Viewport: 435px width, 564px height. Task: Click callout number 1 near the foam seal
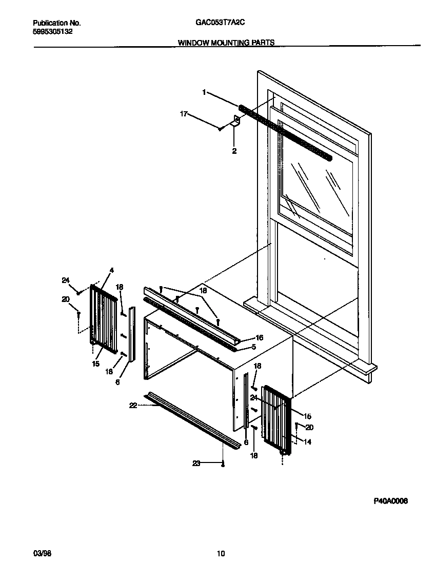click(x=204, y=92)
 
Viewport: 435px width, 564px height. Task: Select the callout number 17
click(x=183, y=114)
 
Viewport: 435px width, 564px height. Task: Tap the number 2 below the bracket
click(x=234, y=151)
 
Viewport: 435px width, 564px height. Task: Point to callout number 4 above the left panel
click(x=111, y=270)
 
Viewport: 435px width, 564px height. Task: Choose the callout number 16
click(x=259, y=337)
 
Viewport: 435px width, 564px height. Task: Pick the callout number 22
click(x=133, y=405)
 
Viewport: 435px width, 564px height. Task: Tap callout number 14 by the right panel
click(x=307, y=442)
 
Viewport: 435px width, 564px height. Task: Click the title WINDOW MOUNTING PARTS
click(x=226, y=43)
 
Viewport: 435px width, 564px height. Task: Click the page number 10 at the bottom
click(x=221, y=553)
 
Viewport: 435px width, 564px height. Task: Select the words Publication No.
click(x=57, y=23)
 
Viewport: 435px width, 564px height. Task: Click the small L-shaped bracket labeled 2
click(x=236, y=122)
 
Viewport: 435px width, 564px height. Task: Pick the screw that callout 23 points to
click(x=223, y=465)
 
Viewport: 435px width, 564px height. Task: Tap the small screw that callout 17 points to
click(x=220, y=129)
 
